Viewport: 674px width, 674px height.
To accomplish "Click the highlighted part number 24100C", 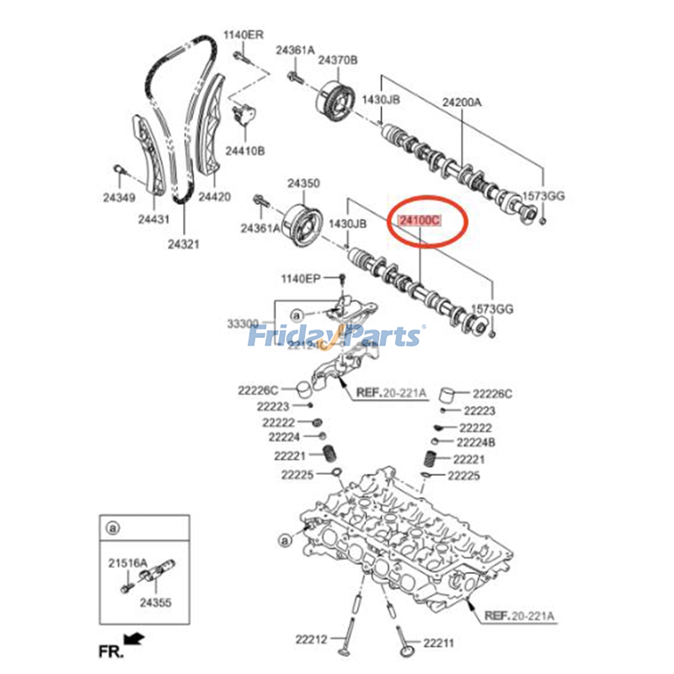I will click(x=420, y=220).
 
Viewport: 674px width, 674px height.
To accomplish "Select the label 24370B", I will click(x=337, y=60).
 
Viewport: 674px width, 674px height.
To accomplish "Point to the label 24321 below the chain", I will click(x=183, y=244).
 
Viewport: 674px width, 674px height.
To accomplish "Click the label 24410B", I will click(x=245, y=151).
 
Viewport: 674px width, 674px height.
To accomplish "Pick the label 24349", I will click(x=119, y=197).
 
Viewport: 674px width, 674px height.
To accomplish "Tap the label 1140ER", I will click(x=243, y=35).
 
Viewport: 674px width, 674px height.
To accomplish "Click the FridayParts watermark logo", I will click(x=335, y=336).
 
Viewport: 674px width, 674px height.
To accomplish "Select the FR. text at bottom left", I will click(x=111, y=652).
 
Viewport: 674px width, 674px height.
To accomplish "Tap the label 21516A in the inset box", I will click(x=128, y=563).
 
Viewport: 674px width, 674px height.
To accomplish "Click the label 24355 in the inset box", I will click(x=155, y=602).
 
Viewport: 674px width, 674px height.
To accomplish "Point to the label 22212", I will click(x=311, y=639).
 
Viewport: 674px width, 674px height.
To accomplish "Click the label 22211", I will click(x=439, y=643).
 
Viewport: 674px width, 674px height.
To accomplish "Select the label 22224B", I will click(x=476, y=442).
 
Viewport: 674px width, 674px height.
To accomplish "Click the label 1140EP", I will click(x=301, y=278).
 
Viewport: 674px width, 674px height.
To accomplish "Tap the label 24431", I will click(x=153, y=219).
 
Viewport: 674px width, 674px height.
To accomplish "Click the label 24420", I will click(x=214, y=197).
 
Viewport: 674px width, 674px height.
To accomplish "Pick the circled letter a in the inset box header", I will click(x=112, y=528).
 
